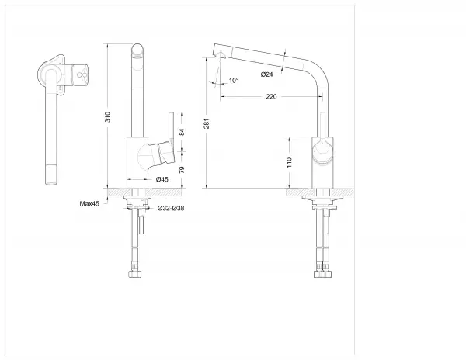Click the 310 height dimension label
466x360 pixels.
point(108,116)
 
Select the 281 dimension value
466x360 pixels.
point(207,123)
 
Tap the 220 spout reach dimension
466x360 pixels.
point(271,97)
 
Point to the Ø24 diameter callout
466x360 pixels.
point(267,74)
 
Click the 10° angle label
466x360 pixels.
point(234,81)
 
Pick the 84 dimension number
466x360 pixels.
point(182,132)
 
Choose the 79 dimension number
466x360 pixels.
point(182,170)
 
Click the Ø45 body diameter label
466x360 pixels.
point(162,179)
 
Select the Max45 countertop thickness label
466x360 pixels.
point(89,203)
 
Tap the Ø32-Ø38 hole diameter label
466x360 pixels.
point(171,209)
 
